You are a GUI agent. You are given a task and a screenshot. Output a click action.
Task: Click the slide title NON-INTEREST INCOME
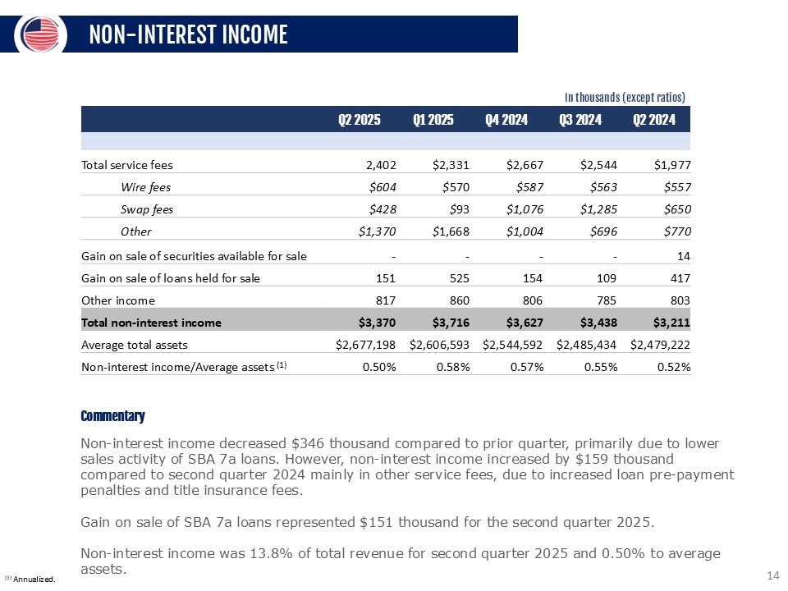click(x=188, y=34)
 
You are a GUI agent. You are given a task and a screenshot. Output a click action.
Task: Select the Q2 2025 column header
click(x=360, y=120)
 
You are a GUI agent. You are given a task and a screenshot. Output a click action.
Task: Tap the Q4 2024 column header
click(x=506, y=120)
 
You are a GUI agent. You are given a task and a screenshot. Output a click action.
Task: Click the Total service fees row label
click(x=127, y=165)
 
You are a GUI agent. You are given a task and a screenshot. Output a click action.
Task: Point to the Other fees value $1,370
click(x=378, y=231)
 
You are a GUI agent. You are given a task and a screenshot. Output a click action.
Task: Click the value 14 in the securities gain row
click(x=684, y=256)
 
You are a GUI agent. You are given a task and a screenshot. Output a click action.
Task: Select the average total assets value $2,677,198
click(x=367, y=345)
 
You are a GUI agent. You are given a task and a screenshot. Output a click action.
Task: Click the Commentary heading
click(x=112, y=416)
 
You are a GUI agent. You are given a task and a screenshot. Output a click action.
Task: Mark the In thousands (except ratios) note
click(x=625, y=97)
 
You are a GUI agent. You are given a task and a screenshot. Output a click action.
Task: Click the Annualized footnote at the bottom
click(x=30, y=580)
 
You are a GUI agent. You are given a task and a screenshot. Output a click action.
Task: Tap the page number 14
click(x=772, y=575)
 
